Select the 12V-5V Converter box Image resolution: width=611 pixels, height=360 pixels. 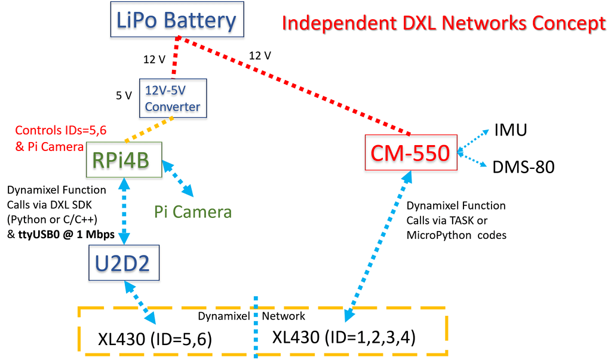point(173,99)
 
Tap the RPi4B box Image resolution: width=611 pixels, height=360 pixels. point(124,159)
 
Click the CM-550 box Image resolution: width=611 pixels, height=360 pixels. point(411,153)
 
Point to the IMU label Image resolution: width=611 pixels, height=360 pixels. point(511,130)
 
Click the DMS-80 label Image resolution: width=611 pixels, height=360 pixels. point(523,167)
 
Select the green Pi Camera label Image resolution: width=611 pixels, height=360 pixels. point(193,211)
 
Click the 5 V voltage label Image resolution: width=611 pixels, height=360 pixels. point(124,95)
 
